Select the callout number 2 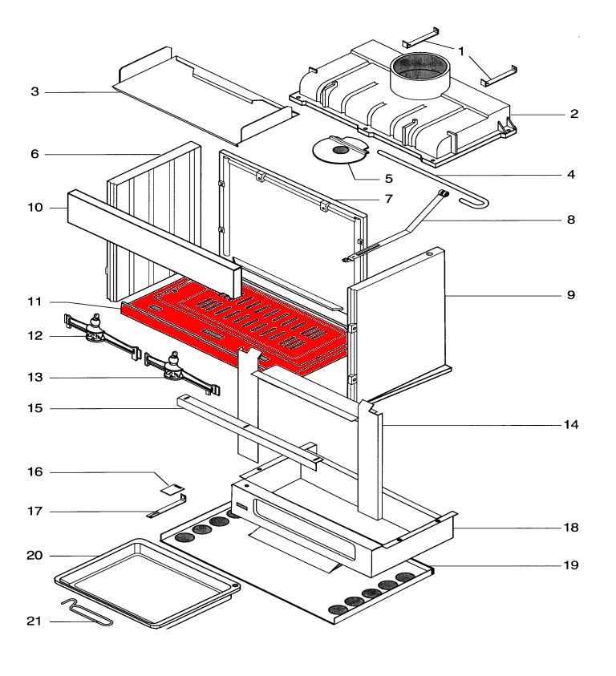574,115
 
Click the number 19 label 570,565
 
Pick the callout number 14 570,423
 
